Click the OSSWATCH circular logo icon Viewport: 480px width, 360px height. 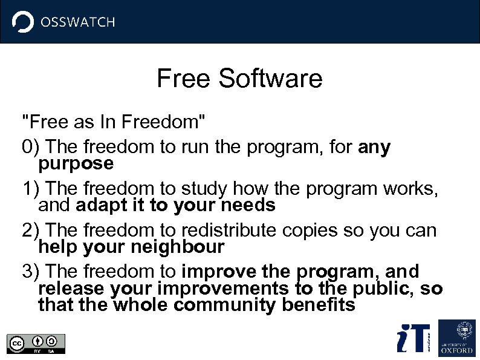pyautogui.click(x=23, y=22)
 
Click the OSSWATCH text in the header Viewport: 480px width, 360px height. pyautogui.click(x=77, y=22)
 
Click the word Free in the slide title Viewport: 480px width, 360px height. pyautogui.click(x=184, y=79)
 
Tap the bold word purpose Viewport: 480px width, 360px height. pyautogui.click(x=76, y=164)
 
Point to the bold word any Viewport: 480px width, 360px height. pyautogui.click(x=374, y=148)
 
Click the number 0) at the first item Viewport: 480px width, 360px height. pyautogui.click(x=31, y=147)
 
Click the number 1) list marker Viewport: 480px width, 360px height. pyautogui.click(x=31, y=189)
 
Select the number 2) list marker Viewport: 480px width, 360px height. pyautogui.click(x=31, y=231)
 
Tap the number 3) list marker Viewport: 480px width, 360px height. pyautogui.click(x=31, y=272)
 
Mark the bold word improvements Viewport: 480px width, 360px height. pyautogui.click(x=230, y=289)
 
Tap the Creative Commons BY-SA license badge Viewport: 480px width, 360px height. pyautogui.click(x=36, y=343)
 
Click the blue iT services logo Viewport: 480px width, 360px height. pyautogui.click(x=413, y=338)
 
